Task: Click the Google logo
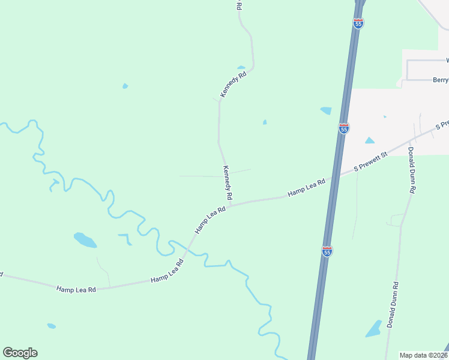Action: [x=20, y=353]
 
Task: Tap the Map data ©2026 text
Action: [x=423, y=355]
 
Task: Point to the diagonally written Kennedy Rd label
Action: [x=234, y=85]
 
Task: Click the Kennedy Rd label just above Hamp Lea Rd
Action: [x=228, y=183]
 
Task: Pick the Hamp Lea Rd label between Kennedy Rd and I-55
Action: [x=306, y=187]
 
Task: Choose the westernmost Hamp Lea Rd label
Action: [x=76, y=289]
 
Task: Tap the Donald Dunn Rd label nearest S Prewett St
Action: [x=412, y=170]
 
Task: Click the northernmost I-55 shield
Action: [x=358, y=23]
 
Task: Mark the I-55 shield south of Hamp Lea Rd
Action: [x=327, y=251]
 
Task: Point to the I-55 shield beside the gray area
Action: [x=343, y=128]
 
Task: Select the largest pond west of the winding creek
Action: [x=85, y=240]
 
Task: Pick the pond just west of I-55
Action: [x=326, y=110]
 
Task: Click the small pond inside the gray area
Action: [x=369, y=140]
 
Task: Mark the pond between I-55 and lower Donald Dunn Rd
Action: [x=374, y=328]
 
